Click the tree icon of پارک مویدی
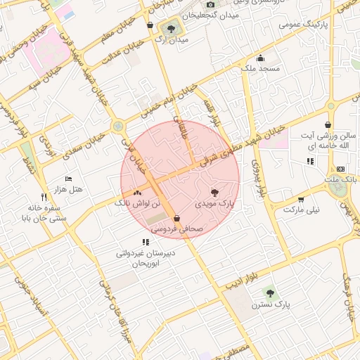(x=214, y=192)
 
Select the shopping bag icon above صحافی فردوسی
(x=176, y=218)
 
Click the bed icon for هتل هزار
(x=68, y=179)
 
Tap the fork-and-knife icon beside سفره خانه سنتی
(x=44, y=197)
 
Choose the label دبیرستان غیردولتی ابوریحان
(x=146, y=257)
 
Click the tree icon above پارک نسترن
(x=269, y=292)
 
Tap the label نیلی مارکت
(x=301, y=210)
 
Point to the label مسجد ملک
(x=260, y=69)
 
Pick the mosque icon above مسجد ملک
(x=261, y=58)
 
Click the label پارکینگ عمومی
(x=304, y=24)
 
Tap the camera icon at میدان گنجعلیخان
(x=210, y=5)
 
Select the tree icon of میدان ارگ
(x=171, y=29)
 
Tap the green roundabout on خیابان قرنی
(x=118, y=126)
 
